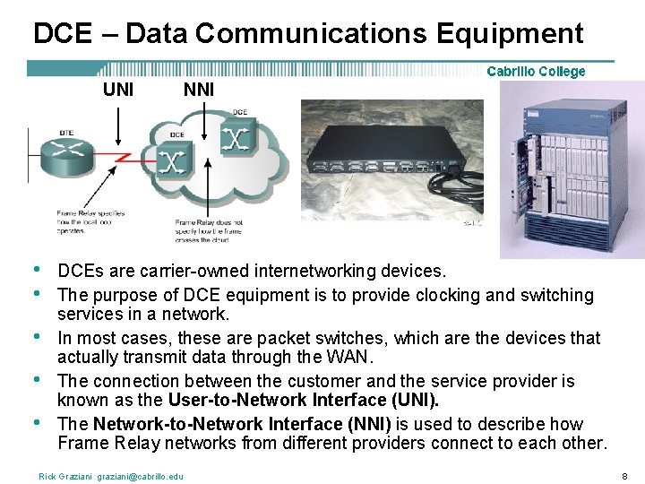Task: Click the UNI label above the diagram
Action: tap(118, 89)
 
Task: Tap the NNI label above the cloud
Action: tap(198, 89)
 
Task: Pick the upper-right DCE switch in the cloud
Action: tap(236, 135)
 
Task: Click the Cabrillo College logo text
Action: tap(536, 72)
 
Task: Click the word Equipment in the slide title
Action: tap(510, 34)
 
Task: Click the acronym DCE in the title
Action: tap(62, 34)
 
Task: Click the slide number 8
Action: tap(625, 476)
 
